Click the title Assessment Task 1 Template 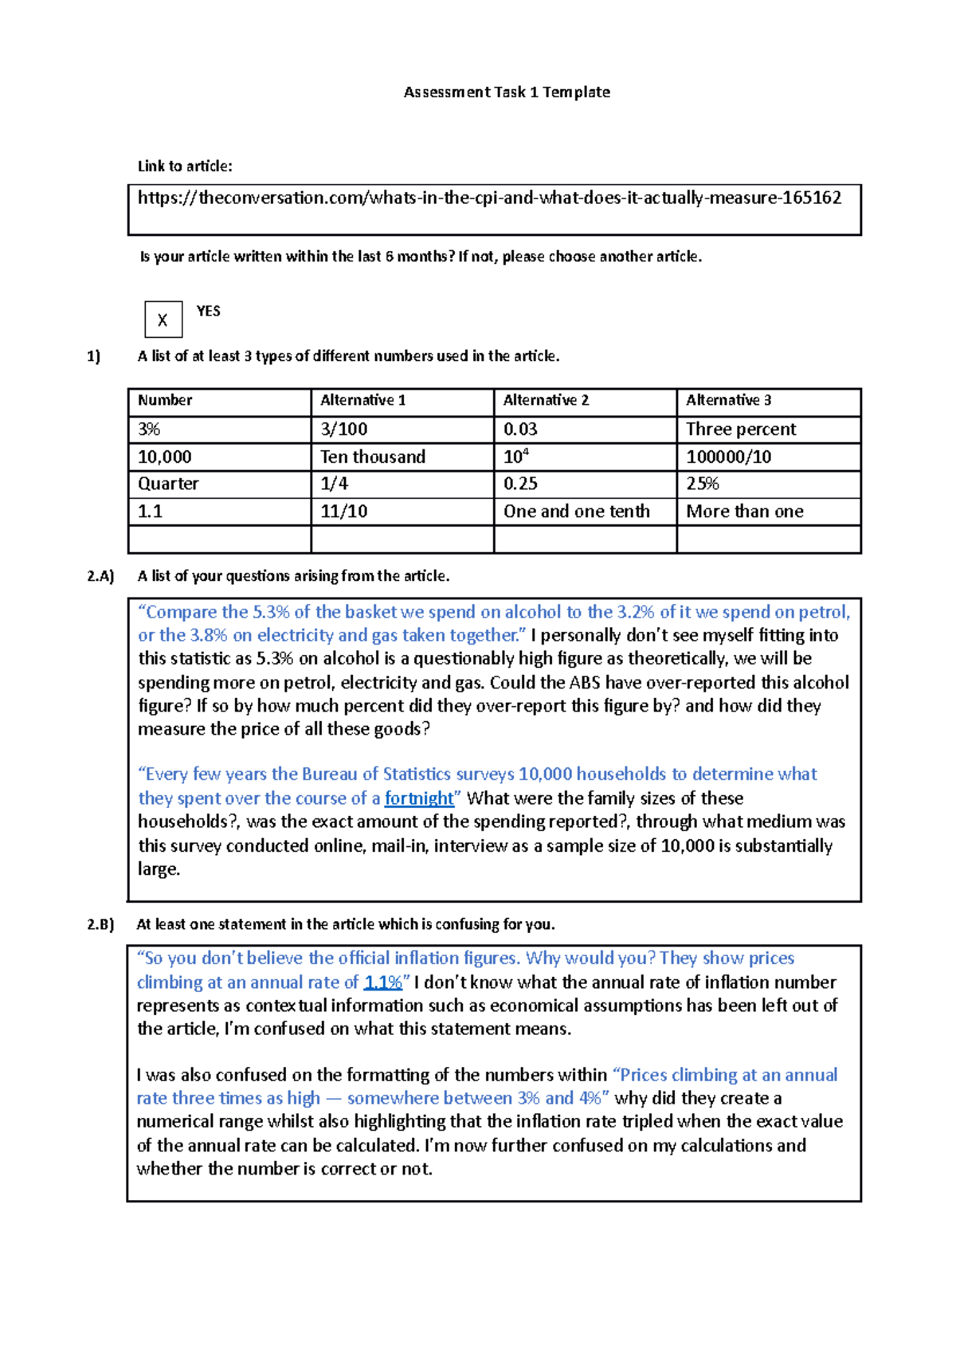click(x=507, y=92)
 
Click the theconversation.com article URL click(x=489, y=198)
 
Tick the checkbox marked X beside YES click(x=163, y=320)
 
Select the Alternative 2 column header click(x=546, y=401)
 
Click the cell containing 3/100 click(x=343, y=429)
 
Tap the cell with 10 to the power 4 click(x=516, y=457)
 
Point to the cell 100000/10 click(x=728, y=457)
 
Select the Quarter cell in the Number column click(x=168, y=484)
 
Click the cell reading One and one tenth click(x=576, y=512)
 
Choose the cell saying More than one click(x=744, y=512)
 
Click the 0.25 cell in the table click(x=520, y=484)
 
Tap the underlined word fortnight click(x=419, y=798)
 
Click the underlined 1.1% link click(x=382, y=982)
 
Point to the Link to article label click(x=185, y=167)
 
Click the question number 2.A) click(x=100, y=576)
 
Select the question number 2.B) click(x=100, y=924)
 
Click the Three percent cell click(x=740, y=429)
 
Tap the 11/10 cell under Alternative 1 click(x=343, y=512)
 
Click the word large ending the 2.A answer click(x=158, y=869)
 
